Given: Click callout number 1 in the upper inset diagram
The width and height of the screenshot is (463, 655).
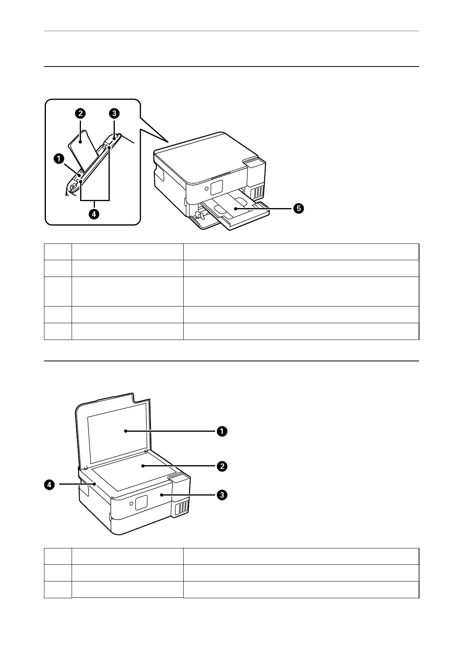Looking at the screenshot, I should pyautogui.click(x=58, y=158).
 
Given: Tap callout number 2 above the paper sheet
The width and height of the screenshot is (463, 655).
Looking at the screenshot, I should pyautogui.click(x=80, y=114).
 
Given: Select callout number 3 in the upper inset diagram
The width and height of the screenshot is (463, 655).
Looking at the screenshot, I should pyautogui.click(x=114, y=114).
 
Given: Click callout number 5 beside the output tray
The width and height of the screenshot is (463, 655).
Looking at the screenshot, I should pyautogui.click(x=298, y=208).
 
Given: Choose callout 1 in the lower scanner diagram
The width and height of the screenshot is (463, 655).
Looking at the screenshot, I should pyautogui.click(x=222, y=431).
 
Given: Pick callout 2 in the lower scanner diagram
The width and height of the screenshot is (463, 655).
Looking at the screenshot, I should pyautogui.click(x=222, y=466).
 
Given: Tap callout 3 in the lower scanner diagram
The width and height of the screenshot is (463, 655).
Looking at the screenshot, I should pyautogui.click(x=222, y=495).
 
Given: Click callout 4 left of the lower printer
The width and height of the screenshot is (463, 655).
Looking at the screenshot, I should pyautogui.click(x=49, y=485).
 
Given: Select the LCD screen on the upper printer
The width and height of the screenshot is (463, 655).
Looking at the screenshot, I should pyautogui.click(x=216, y=187).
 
